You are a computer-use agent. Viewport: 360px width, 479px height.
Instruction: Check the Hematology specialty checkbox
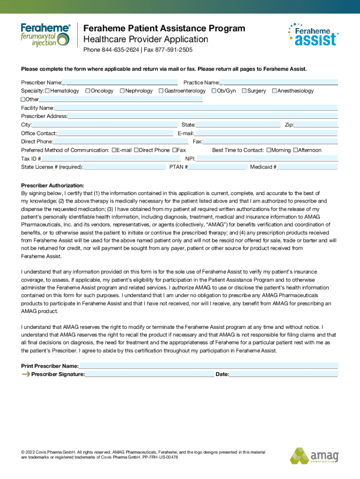[x=47, y=91]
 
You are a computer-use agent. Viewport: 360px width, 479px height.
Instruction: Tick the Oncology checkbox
[x=88, y=91]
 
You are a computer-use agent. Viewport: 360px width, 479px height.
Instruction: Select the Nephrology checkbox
[x=122, y=91]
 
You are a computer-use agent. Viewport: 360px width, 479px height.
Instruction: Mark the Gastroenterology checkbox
[x=161, y=91]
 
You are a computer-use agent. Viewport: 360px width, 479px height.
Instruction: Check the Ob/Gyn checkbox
[x=214, y=91]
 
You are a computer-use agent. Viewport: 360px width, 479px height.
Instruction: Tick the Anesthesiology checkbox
[x=274, y=91]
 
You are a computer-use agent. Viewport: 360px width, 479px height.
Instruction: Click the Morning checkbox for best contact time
[x=268, y=150]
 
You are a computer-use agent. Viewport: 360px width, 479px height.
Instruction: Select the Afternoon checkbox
[x=295, y=150]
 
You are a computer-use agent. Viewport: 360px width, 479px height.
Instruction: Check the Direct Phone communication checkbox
[x=137, y=150]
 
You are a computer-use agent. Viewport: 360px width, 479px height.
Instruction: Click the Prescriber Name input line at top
[x=120, y=82]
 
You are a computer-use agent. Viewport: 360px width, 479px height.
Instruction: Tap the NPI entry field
[x=266, y=159]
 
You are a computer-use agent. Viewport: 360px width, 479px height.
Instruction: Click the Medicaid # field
[x=307, y=167]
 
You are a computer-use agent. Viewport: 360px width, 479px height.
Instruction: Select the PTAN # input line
[x=217, y=167]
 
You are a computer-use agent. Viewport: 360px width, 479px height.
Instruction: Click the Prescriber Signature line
[x=150, y=374]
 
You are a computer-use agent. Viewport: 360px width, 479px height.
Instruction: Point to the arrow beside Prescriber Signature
[x=25, y=374]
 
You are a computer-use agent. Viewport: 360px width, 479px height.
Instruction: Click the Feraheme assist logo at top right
[x=312, y=35]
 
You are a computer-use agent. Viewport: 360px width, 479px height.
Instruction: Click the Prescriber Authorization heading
[x=52, y=186]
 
